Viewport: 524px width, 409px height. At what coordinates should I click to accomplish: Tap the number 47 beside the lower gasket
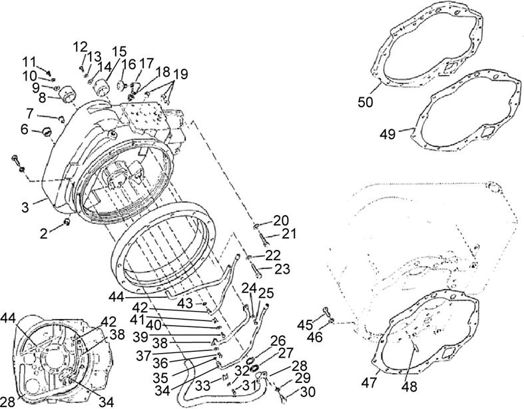[x=369, y=384]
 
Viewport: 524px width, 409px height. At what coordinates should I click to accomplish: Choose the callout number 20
[x=280, y=220]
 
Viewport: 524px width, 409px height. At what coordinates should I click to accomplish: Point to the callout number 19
[x=180, y=73]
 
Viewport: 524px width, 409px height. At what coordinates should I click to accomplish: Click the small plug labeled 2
[x=66, y=222]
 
